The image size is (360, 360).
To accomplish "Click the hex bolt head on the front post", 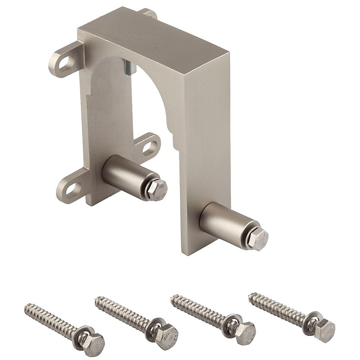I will tap(260, 236).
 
